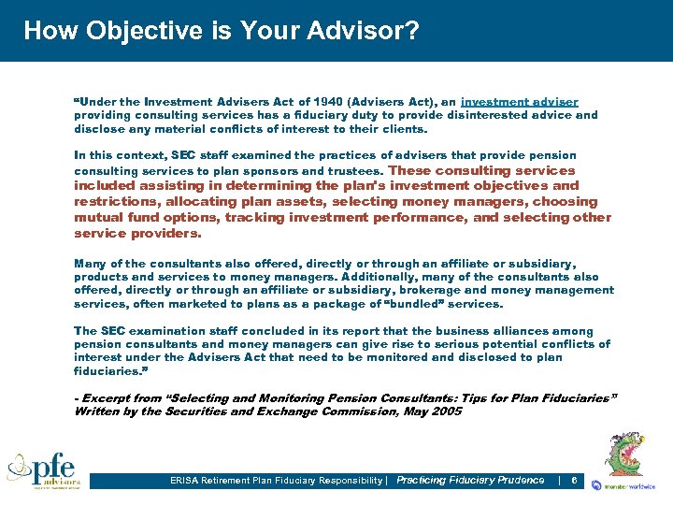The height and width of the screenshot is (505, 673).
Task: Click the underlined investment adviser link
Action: coord(520,101)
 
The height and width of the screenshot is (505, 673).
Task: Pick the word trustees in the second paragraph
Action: coord(354,171)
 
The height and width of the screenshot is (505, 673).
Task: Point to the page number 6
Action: coord(573,481)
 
